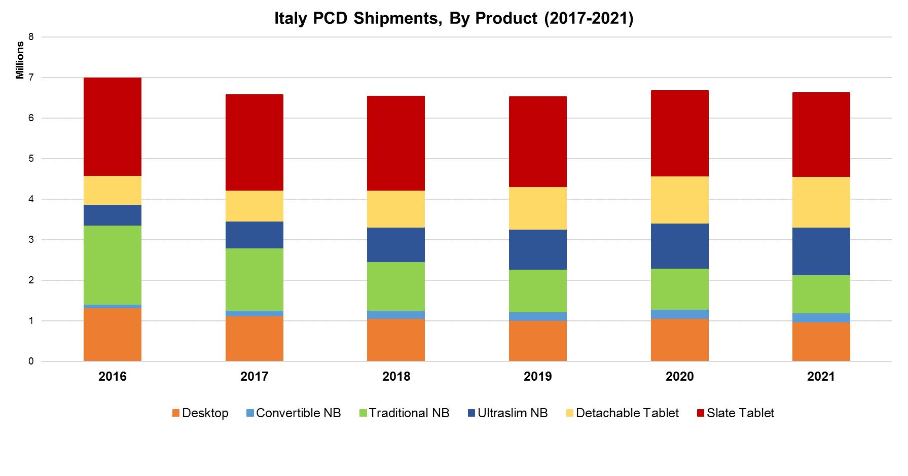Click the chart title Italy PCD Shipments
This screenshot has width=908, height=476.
[x=454, y=18]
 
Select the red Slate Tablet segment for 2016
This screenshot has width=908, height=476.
[x=113, y=127]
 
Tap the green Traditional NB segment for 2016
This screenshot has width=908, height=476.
[x=113, y=265]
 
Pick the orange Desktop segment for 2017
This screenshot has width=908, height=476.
[x=254, y=339]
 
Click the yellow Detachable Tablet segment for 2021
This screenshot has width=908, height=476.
[x=821, y=202]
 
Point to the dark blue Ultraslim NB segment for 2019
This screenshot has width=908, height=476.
[x=537, y=249]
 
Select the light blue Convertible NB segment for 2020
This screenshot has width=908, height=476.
[x=679, y=314]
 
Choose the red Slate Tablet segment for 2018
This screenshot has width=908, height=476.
[x=396, y=143]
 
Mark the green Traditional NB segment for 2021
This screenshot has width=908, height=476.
[x=821, y=295]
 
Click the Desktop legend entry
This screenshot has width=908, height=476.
[x=200, y=413]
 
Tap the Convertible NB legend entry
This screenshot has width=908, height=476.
[x=293, y=413]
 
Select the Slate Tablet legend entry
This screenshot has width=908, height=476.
[x=735, y=413]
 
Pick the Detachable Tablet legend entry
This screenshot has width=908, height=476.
[x=622, y=413]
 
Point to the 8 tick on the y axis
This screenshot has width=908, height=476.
[x=31, y=37]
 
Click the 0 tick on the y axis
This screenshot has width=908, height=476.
[x=31, y=361]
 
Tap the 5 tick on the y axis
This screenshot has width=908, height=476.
[x=31, y=159]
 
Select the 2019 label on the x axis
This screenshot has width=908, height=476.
[x=537, y=377]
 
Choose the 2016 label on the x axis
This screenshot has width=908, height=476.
[x=113, y=377]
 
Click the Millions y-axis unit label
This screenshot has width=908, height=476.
[x=20, y=60]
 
